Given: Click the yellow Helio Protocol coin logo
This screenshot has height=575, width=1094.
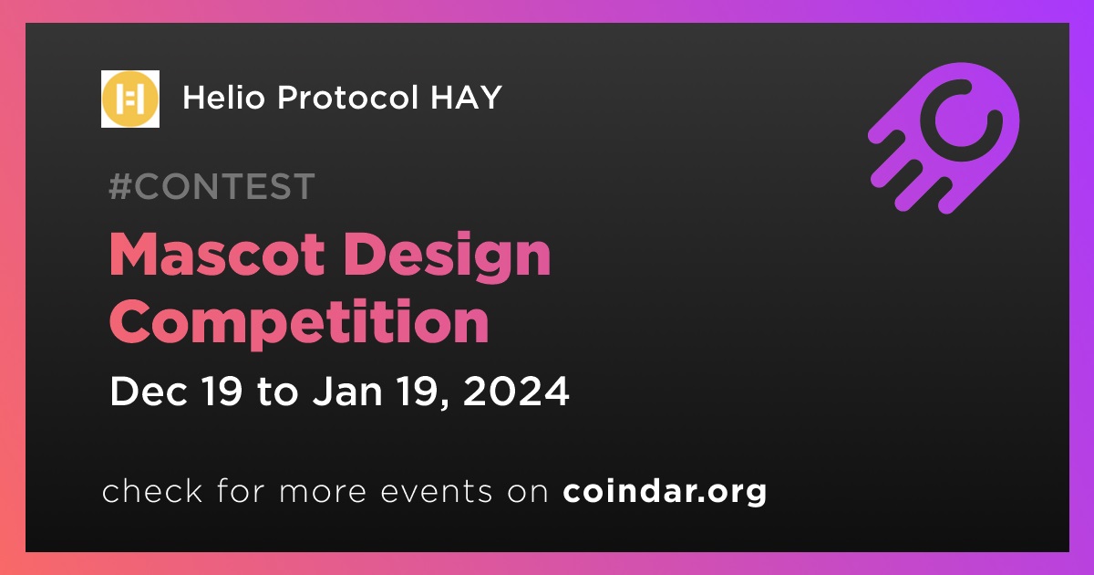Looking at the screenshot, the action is point(129,99).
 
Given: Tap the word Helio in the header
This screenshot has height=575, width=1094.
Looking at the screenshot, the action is point(223,98).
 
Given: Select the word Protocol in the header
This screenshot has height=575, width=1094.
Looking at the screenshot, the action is point(347,98).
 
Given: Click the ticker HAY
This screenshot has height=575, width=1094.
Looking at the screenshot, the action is point(467,98).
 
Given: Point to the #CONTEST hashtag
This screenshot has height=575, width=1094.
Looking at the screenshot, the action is point(212,186).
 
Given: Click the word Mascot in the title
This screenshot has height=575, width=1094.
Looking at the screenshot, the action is point(217,255).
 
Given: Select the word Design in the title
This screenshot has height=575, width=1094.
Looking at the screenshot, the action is point(448,257).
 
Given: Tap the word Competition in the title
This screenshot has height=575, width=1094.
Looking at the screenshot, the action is point(299,322).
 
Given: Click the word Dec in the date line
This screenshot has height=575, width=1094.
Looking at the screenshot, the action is point(149,392).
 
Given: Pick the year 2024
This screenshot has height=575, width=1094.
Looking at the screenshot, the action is point(516,392).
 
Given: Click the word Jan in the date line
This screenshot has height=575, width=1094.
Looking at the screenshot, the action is point(347,392).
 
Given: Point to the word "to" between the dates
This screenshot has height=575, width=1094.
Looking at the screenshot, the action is point(277,392).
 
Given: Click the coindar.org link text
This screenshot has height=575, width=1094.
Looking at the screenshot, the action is point(665,491).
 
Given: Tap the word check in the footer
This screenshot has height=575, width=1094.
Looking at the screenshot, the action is point(152,490).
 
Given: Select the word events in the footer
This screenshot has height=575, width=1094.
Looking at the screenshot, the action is point(437,492).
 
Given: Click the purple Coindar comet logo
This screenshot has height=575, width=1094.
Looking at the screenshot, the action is point(944,139).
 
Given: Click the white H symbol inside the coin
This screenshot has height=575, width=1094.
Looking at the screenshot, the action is point(129,99).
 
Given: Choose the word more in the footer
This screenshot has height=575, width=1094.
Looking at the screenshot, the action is point(323,493).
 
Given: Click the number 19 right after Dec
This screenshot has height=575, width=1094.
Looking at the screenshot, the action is point(222,392).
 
